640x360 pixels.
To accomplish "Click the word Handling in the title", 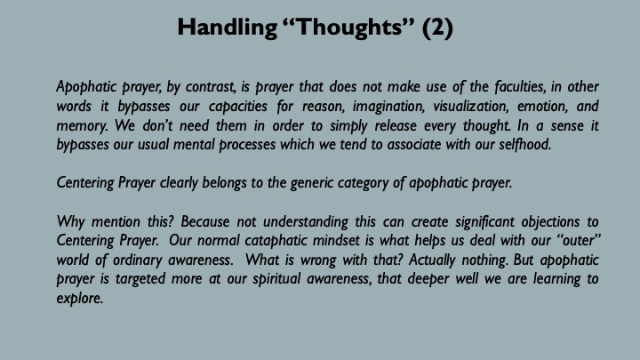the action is (227, 28).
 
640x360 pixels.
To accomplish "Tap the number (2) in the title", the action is (437, 28).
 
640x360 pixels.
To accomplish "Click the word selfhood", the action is (525, 145).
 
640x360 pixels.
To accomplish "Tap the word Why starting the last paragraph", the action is (71, 222).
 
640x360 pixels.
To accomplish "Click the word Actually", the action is (432, 260).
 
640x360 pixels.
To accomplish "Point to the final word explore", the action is (80, 299).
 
